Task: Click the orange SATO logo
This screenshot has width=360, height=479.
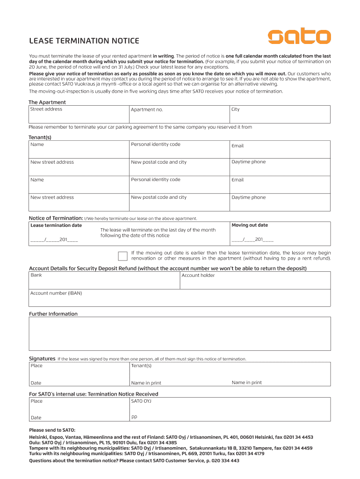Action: click(299, 36)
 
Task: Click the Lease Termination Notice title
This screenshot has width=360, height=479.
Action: click(84, 41)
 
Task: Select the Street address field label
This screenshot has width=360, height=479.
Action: click(46, 109)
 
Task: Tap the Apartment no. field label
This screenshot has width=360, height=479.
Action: click(147, 110)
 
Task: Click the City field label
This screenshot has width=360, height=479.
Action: click(235, 109)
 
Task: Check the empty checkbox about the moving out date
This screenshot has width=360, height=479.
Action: click(122, 255)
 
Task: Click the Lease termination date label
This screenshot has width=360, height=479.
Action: click(56, 225)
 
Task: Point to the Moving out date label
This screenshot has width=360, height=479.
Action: click(250, 225)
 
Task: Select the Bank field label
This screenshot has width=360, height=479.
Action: click(36, 276)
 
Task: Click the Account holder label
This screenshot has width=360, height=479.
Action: click(198, 276)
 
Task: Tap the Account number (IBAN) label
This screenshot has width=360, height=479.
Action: click(56, 293)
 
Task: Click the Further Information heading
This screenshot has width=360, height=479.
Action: click(53, 314)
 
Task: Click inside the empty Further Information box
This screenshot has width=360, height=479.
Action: click(180, 334)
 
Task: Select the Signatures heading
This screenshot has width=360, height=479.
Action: click(42, 359)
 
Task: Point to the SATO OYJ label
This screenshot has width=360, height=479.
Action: click(141, 401)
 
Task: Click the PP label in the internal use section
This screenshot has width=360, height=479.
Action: click(134, 417)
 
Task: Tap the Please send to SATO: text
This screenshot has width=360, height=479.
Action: click(52, 430)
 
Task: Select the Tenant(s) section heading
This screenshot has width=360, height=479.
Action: click(40, 138)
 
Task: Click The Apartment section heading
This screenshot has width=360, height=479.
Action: click(47, 102)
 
